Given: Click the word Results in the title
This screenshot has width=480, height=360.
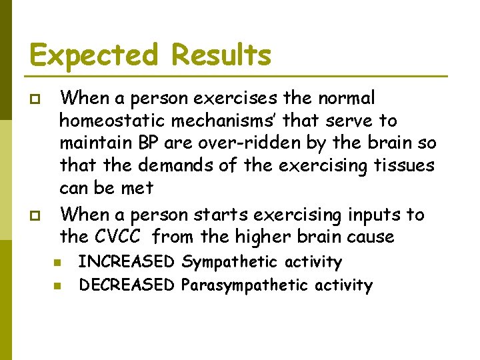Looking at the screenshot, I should [x=221, y=55].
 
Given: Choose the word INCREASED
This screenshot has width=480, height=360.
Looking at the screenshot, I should [x=127, y=263].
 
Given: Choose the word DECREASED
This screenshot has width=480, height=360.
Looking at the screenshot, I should [x=127, y=286].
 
